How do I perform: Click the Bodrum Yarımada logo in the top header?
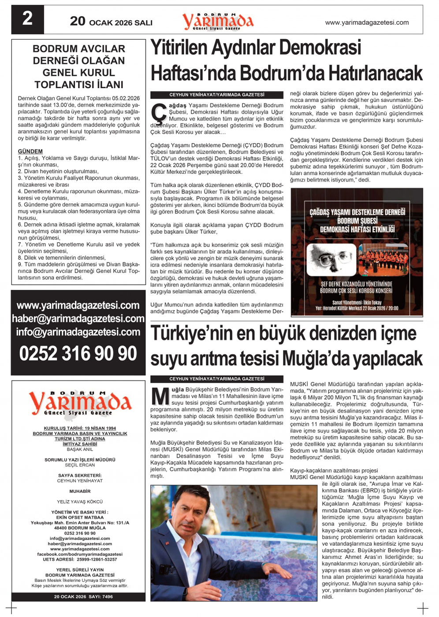218,21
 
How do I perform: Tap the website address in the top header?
367,22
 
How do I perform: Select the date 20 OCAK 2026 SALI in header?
111,22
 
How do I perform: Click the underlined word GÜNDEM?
30,151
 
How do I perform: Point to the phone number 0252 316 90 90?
78,354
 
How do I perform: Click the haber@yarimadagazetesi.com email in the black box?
78,318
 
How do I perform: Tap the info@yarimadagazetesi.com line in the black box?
78,332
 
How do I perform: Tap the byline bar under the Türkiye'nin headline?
217,379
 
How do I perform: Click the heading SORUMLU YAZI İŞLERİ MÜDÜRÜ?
80,460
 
